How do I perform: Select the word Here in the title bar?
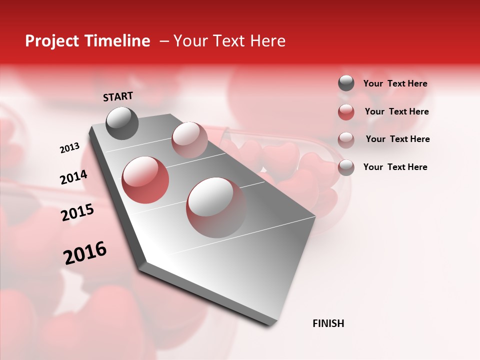(x=267, y=41)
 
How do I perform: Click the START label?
(x=118, y=96)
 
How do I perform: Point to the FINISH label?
(x=328, y=323)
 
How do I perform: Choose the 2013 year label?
(x=69, y=148)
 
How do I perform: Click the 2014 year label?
(x=73, y=177)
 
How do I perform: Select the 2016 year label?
(x=85, y=253)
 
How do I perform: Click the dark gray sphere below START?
(x=122, y=123)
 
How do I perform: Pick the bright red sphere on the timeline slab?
(x=145, y=180)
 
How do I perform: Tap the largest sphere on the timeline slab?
(x=216, y=207)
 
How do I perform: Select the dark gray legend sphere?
(x=346, y=83)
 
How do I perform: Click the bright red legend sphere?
(x=346, y=112)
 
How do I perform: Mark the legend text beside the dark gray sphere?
(x=395, y=84)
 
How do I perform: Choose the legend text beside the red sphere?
(x=396, y=111)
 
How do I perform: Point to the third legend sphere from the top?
(x=346, y=139)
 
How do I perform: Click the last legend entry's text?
(x=395, y=167)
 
